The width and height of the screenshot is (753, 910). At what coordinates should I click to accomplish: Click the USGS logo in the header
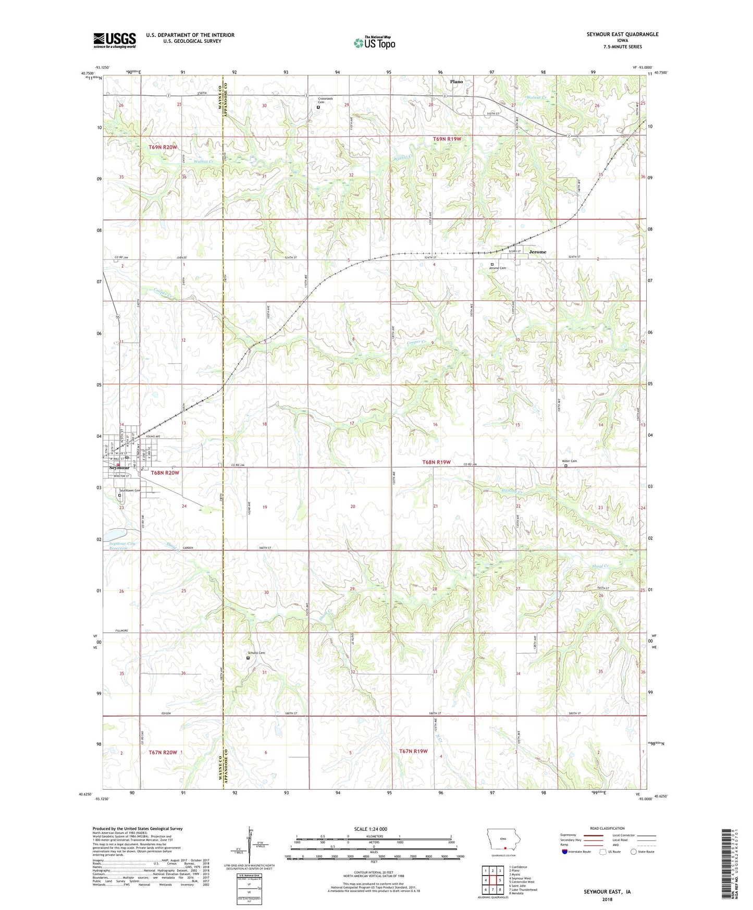click(x=115, y=40)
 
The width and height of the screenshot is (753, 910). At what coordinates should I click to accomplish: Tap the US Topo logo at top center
click(x=374, y=43)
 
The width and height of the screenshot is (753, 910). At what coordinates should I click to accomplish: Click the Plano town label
click(x=456, y=82)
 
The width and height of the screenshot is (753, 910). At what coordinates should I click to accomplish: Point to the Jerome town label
click(x=537, y=252)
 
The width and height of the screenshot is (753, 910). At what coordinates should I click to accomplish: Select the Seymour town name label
click(x=119, y=468)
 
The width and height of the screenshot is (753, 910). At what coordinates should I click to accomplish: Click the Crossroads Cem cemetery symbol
click(x=318, y=107)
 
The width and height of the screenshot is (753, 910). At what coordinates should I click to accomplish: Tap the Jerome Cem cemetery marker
click(x=491, y=264)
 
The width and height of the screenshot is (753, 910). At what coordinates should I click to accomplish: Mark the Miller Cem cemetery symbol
click(x=566, y=466)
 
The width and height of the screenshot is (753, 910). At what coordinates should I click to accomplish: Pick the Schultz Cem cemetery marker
click(x=248, y=658)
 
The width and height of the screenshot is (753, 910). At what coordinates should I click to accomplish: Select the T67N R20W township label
click(x=163, y=752)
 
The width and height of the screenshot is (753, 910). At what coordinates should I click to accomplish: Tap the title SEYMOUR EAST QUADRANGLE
click(x=622, y=34)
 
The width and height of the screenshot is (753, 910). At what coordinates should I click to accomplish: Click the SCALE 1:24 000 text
click(x=370, y=829)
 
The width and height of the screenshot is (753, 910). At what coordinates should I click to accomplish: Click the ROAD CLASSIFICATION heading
click(x=607, y=828)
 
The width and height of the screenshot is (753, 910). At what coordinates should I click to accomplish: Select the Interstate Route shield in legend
click(x=565, y=852)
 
